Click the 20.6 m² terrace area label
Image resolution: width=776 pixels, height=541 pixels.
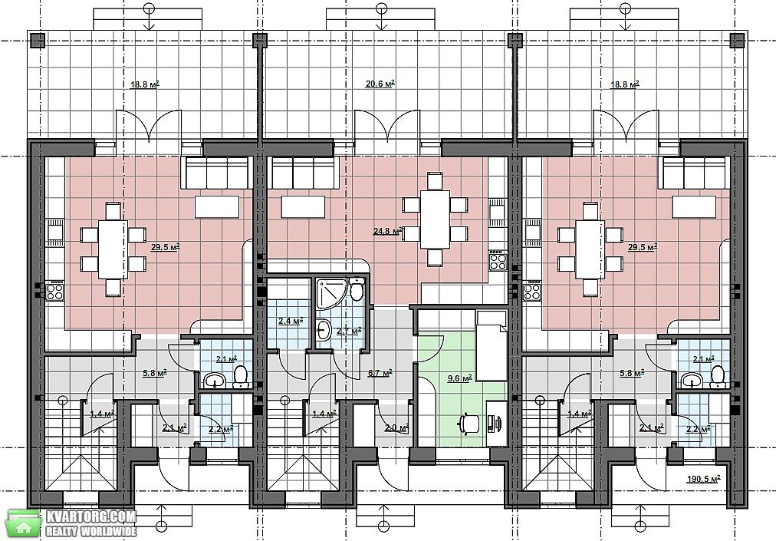pyautogui.click(x=380, y=84)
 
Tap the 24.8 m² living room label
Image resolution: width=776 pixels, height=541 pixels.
pyautogui.click(x=387, y=230)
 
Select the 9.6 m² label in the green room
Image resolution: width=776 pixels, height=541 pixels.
pyautogui.click(x=459, y=378)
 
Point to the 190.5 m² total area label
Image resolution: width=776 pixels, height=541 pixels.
pyautogui.click(x=703, y=479)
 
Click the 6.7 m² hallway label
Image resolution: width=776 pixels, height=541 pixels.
pyautogui.click(x=380, y=372)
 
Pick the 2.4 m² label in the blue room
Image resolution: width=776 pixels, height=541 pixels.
pyautogui.click(x=291, y=321)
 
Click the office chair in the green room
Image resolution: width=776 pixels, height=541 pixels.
pyautogui.click(x=469, y=424)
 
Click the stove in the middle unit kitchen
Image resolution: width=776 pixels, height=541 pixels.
pyautogui.click(x=498, y=260)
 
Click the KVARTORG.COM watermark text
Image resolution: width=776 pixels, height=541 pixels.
pyautogui.click(x=90, y=516)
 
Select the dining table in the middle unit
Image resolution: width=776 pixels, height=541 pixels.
pyautogui.click(x=435, y=219)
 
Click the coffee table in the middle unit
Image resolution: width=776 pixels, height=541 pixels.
pyautogui.click(x=303, y=207)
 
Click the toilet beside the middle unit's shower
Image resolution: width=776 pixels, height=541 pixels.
pyautogui.click(x=356, y=289)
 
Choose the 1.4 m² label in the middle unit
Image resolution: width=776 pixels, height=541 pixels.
pyautogui.click(x=324, y=412)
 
